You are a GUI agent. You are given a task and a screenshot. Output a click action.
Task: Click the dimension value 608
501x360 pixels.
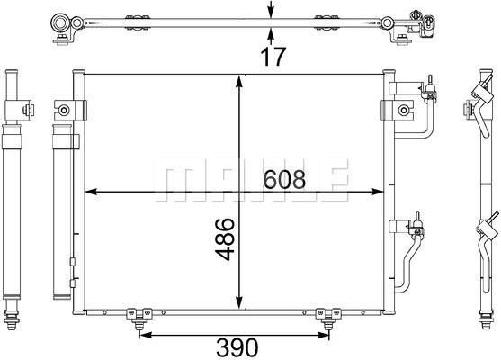point(284,179)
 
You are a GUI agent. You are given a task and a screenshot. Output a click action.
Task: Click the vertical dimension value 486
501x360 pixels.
point(225,238)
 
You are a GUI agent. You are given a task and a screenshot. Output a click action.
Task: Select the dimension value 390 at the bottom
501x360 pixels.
point(237,347)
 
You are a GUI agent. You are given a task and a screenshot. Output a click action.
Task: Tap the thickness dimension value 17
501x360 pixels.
point(273,57)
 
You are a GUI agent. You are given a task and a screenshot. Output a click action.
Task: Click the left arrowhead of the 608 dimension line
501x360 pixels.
point(91,192)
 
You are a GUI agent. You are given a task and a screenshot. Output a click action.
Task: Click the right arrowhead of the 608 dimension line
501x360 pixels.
point(377,192)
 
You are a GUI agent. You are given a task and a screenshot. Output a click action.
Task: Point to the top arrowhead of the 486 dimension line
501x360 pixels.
point(239,81)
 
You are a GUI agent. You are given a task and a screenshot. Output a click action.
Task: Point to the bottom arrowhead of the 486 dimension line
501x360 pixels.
point(239,302)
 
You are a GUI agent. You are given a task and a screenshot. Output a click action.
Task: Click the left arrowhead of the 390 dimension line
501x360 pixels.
point(146,335)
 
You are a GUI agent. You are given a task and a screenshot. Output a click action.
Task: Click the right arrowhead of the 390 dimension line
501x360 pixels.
point(322,335)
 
